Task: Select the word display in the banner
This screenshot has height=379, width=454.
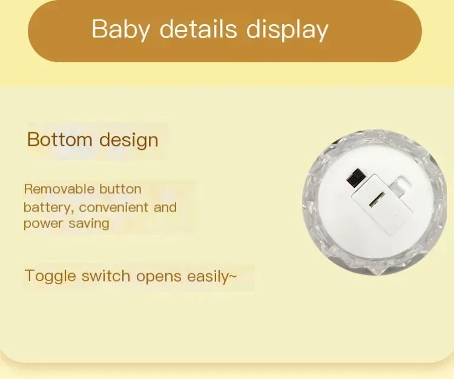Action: (x=288, y=30)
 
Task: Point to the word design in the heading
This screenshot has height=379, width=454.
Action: (x=128, y=140)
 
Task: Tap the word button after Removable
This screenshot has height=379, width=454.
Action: (x=119, y=189)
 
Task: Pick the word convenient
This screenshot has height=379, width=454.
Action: (x=114, y=207)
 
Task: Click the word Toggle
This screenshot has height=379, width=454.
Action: (x=51, y=277)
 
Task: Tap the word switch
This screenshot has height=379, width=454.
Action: (x=106, y=276)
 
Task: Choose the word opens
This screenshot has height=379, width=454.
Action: (x=159, y=277)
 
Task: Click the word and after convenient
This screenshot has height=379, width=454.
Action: (x=165, y=207)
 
